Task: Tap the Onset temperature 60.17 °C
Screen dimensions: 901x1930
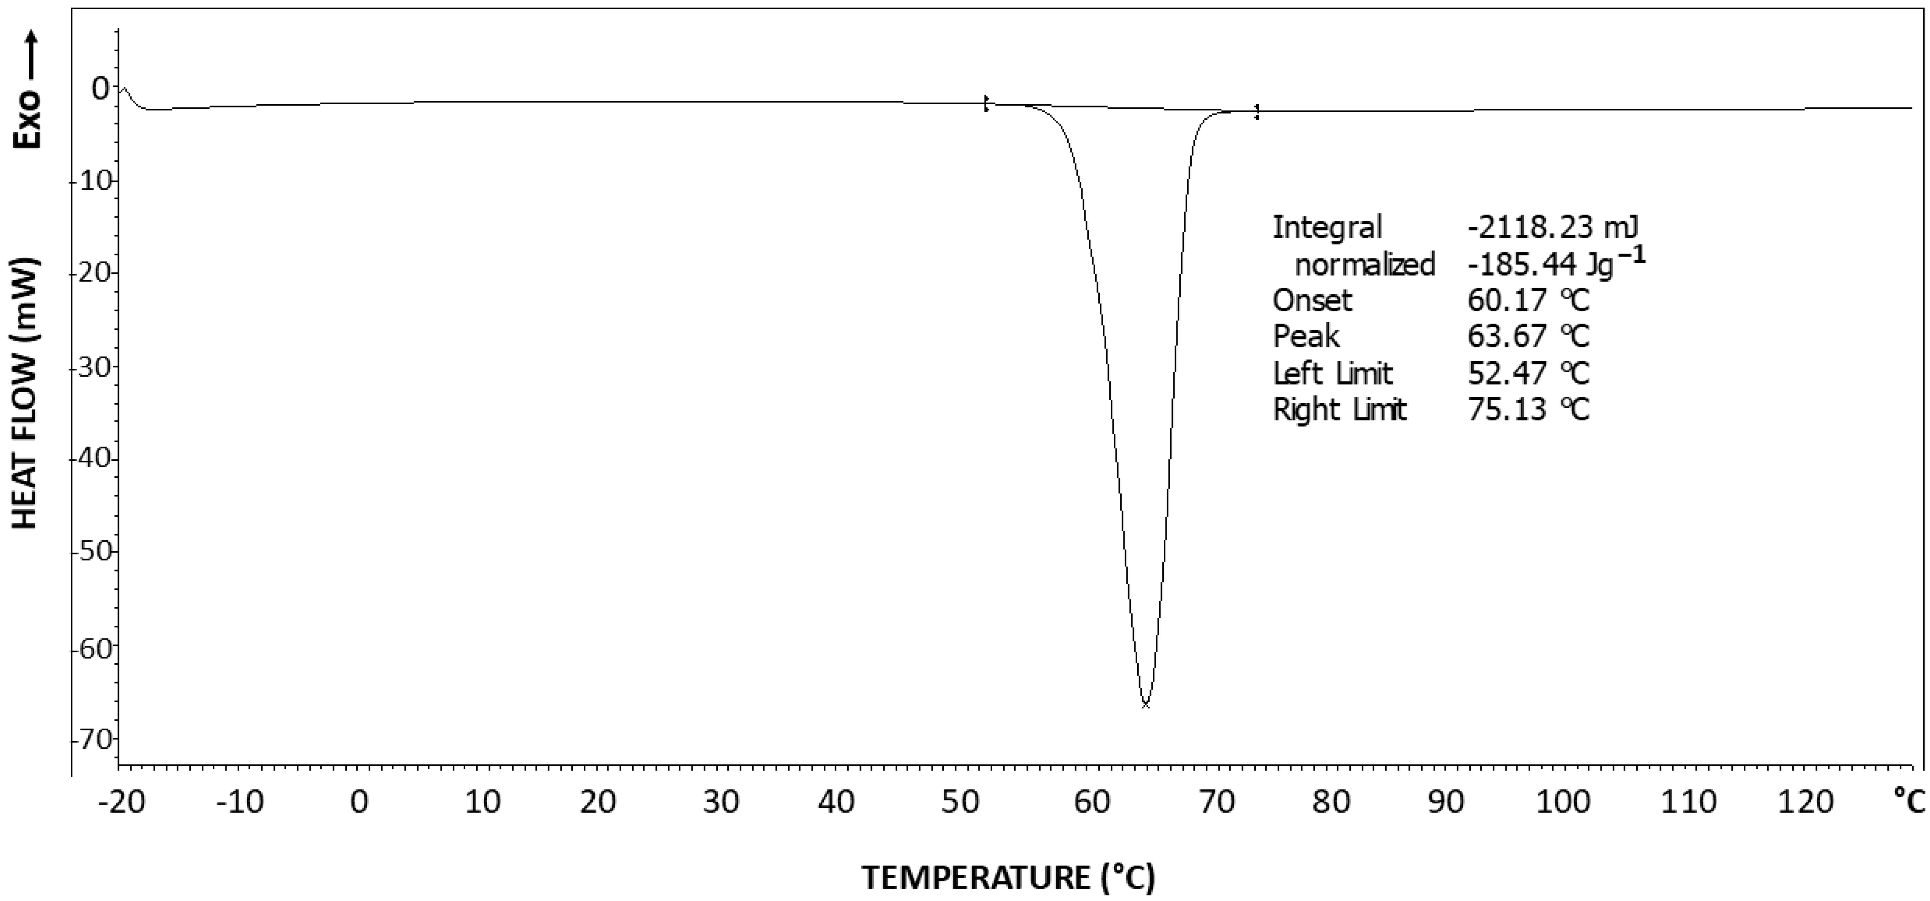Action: coord(1528,300)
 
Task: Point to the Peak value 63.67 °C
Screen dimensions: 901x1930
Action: coord(1528,336)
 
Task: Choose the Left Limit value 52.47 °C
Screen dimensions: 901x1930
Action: coord(1528,373)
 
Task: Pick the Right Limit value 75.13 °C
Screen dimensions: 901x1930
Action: coord(1528,410)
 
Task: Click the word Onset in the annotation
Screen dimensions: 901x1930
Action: coord(1312,300)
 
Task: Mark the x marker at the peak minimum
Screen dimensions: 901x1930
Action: coord(1145,704)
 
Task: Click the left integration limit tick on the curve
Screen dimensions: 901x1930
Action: coord(986,103)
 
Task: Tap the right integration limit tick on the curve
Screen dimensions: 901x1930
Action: coord(1257,112)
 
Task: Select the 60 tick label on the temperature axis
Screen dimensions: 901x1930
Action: coord(1091,802)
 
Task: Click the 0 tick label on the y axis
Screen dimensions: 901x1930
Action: coord(100,88)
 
